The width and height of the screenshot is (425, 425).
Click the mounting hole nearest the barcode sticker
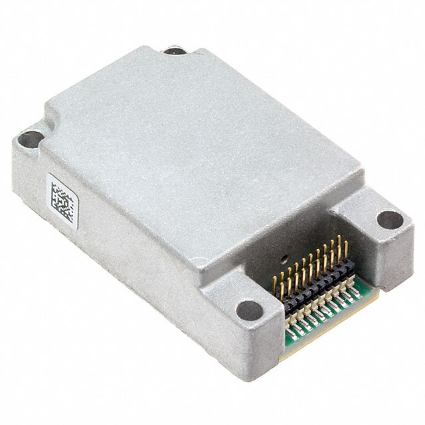[29, 140]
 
